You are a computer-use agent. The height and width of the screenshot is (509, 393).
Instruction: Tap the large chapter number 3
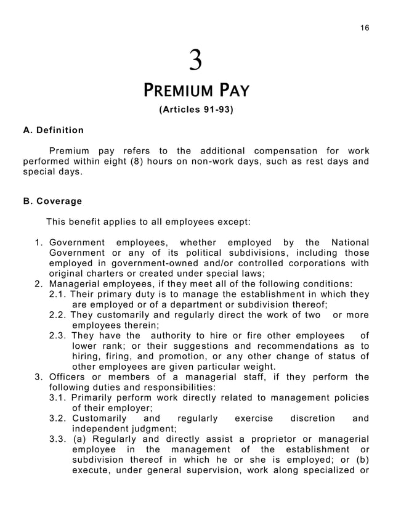(x=195, y=61)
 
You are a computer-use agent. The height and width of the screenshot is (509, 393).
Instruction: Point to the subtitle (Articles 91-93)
(x=196, y=111)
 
